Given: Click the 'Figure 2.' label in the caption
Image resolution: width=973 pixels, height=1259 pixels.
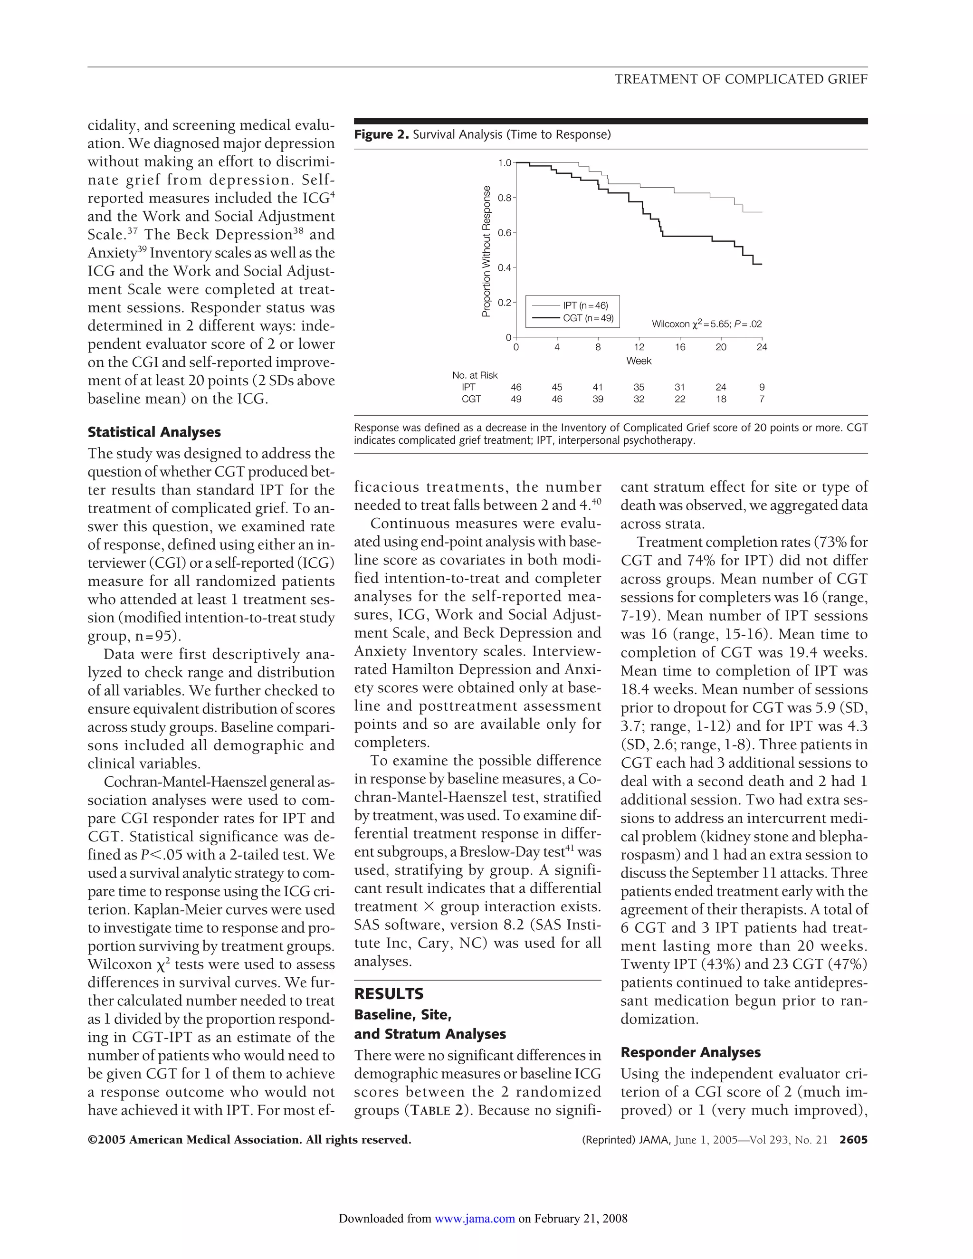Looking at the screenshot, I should [381, 135].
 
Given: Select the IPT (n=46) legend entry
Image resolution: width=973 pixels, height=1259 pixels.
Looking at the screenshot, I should [584, 305].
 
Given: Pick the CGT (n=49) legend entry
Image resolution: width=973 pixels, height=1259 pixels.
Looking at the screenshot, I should [587, 318].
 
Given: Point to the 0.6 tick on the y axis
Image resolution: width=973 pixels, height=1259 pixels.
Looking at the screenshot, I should [505, 233].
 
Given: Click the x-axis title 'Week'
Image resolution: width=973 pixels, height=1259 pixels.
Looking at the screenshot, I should [639, 361].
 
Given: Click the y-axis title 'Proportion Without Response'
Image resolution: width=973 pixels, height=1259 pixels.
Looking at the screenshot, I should [486, 251].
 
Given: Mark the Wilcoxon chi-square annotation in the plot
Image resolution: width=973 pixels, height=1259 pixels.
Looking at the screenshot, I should [706, 324].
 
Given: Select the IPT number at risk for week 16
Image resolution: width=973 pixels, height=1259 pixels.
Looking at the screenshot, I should [679, 387].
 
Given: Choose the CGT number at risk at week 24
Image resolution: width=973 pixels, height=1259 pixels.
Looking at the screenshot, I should [762, 399].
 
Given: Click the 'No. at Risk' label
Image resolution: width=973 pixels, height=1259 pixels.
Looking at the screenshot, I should [475, 375].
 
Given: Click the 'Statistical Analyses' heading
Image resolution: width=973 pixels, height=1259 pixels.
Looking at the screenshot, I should [154, 432].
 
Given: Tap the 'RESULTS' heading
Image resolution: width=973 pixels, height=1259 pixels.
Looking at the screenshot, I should [389, 994].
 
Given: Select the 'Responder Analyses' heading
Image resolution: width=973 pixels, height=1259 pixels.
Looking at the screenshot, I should [690, 1053].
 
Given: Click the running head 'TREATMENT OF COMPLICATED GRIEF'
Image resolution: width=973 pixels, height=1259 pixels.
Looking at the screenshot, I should [741, 79].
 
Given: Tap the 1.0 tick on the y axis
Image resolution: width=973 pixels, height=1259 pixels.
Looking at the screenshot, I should [505, 163].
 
